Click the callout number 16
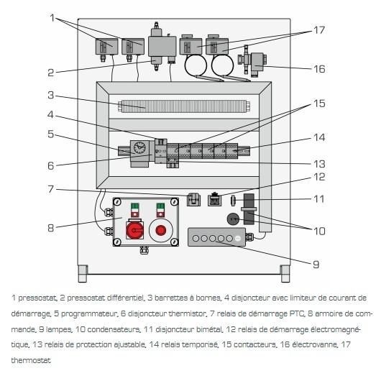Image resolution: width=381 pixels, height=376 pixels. tap(319, 69)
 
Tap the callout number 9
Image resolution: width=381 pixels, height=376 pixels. tap(316, 265)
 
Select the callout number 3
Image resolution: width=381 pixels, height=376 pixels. tap(50, 95)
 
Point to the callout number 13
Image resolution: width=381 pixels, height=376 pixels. tap(319, 164)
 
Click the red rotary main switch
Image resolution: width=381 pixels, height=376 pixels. tap(135, 230)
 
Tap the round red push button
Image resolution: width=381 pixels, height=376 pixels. tap(160, 230)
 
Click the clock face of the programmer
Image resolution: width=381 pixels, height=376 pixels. tap(139, 147)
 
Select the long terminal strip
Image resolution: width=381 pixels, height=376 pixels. tap(184, 106)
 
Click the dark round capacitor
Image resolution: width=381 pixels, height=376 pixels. tap(233, 219)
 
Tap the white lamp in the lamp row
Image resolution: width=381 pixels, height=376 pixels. tap(238, 239)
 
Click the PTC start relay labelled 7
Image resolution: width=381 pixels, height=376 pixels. tap(193, 200)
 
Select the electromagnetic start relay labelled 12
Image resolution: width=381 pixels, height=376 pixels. tap(214, 199)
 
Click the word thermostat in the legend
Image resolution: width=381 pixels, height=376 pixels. tap(31, 360)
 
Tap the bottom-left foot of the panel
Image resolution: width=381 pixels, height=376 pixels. tap(83, 274)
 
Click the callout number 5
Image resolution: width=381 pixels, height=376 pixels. tap(50, 134)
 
